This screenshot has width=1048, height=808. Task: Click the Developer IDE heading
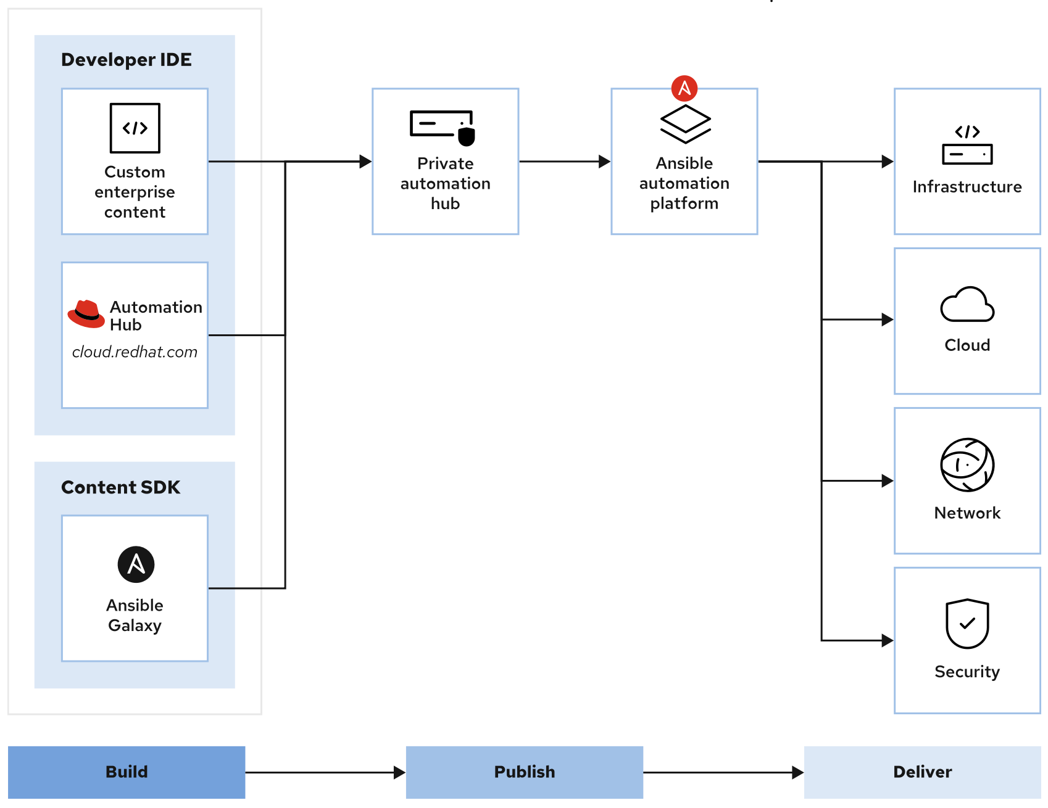coord(126,60)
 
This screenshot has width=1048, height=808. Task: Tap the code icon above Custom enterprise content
coord(135,128)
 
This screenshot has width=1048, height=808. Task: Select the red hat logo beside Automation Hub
coord(86,313)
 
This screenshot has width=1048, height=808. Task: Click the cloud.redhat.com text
coord(135,352)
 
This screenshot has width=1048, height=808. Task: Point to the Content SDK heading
coord(120,487)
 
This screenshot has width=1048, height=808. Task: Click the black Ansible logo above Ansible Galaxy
coord(136,564)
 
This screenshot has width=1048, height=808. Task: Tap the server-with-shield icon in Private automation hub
coord(443,127)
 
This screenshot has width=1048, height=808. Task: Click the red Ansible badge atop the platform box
coord(684,88)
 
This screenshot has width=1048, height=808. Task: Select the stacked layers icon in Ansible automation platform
coord(685,123)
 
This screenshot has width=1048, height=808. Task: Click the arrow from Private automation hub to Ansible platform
coord(564,162)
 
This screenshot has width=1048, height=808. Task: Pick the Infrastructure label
coord(967,187)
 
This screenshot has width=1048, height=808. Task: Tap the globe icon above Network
coord(967,464)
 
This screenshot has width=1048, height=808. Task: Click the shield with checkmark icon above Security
coord(967,623)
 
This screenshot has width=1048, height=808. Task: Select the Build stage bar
coord(127,772)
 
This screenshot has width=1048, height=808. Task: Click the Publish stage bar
coord(524,772)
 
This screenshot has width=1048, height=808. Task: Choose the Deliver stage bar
coord(922,772)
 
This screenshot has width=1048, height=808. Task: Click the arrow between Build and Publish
coord(325,772)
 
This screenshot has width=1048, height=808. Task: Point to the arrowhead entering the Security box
coord(888,640)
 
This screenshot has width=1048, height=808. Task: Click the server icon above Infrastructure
coord(967,146)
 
